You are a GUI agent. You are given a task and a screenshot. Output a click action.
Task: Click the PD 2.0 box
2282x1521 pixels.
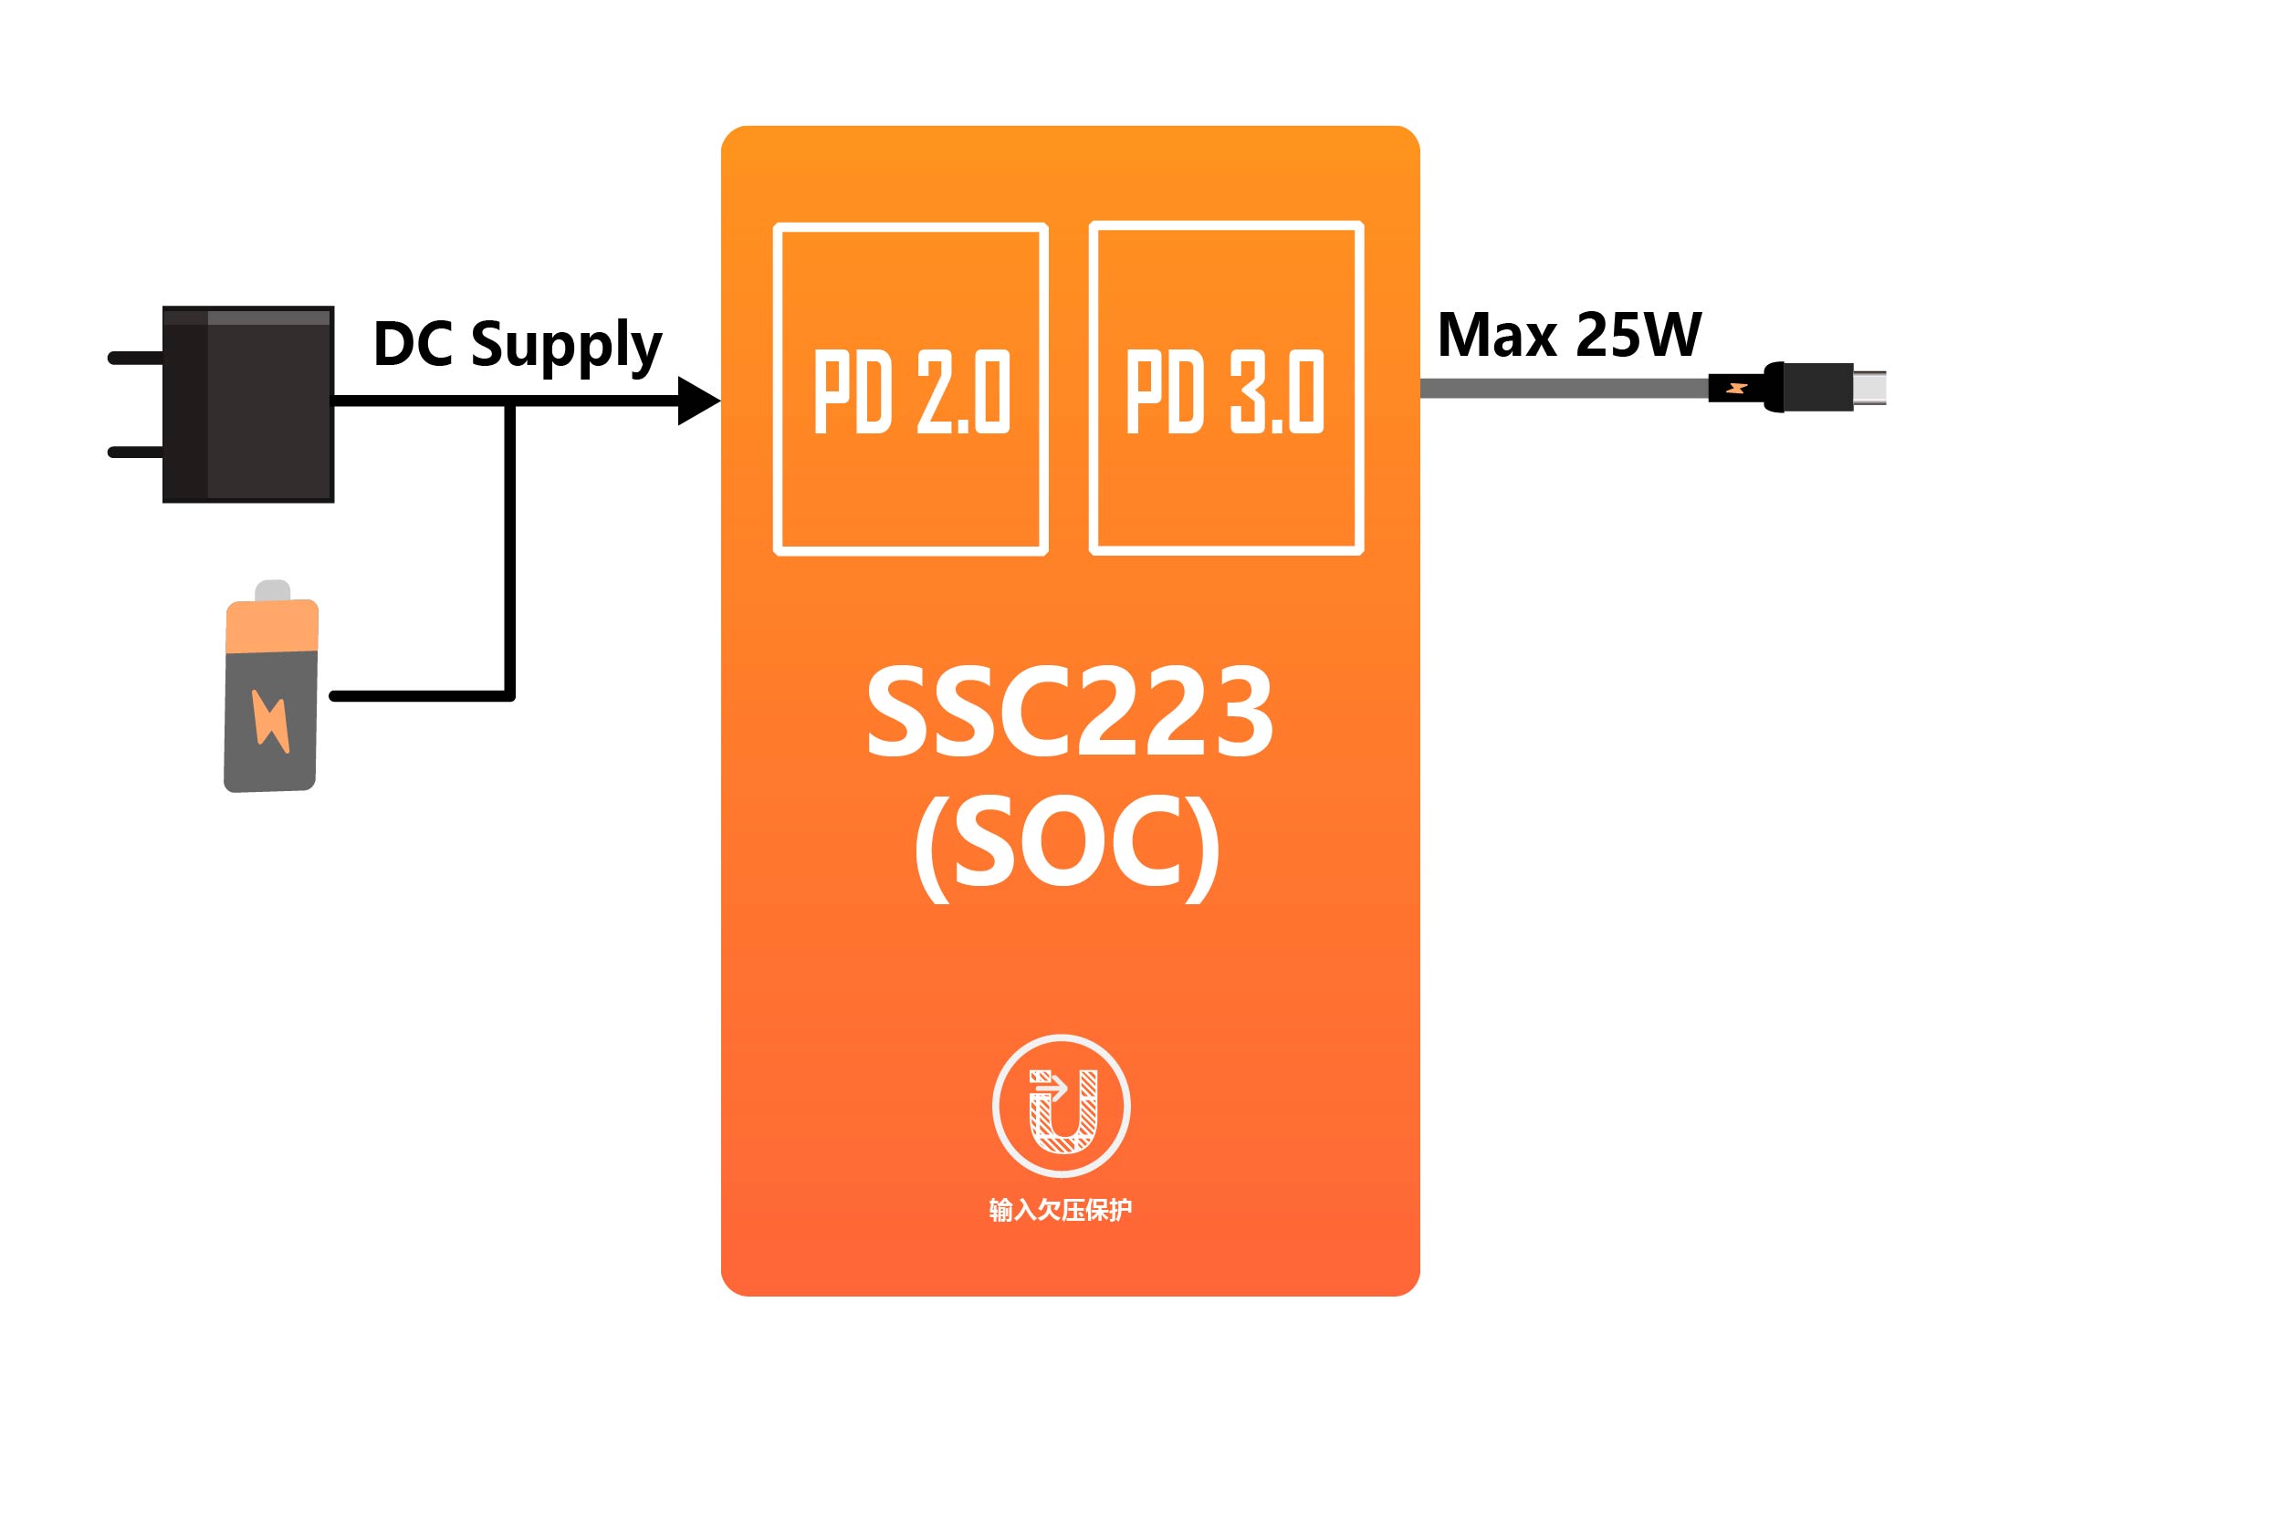coord(910,389)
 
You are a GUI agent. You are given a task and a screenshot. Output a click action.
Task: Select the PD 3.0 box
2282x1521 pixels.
coord(1227,389)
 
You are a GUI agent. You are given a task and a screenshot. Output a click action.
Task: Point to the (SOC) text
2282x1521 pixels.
coord(1067,844)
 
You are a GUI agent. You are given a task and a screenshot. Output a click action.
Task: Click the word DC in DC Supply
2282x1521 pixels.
coord(413,343)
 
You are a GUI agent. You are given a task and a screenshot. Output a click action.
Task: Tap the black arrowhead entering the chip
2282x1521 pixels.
coord(696,400)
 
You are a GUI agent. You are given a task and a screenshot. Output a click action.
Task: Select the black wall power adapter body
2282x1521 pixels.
coord(249,404)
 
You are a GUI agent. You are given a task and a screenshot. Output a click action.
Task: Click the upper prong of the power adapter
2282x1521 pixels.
coord(135,358)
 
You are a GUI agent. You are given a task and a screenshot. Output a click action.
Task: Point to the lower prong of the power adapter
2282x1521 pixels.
coord(135,452)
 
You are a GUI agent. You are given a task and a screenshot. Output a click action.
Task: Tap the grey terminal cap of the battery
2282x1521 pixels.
coord(273,590)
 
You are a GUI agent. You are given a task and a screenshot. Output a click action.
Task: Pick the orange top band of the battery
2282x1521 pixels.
coord(272,627)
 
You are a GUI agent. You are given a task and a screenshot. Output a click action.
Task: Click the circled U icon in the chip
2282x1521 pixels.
coord(1062,1107)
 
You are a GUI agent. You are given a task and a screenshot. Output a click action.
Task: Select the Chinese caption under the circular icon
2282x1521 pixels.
coord(1061,1210)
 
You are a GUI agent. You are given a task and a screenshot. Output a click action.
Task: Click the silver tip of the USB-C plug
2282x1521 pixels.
coord(1869,388)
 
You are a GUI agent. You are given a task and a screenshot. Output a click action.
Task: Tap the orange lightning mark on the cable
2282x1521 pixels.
coord(1737,389)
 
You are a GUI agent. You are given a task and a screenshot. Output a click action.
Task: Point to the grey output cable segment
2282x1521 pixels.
coord(1562,389)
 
